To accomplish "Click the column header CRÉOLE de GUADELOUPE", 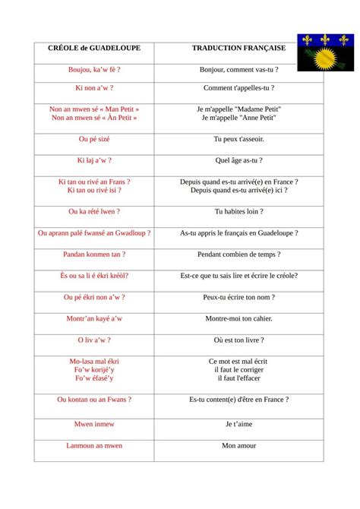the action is pos(94,48).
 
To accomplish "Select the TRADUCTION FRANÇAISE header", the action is pos(238,48).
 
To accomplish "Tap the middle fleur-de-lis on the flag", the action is pos(327,39).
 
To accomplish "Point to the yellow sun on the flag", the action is pos(323,58).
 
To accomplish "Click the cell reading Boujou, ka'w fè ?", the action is pos(94,69).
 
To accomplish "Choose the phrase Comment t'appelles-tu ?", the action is pos(238,88).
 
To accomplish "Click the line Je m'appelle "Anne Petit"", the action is pos(238,118).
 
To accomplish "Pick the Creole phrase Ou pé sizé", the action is pos(94,140).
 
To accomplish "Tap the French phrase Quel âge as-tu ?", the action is pos(238,160).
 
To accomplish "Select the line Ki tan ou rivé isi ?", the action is pos(94,191).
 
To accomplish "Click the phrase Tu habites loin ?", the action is pos(238,212).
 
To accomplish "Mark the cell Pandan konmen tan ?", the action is pos(94,254).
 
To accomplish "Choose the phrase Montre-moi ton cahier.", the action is pos(238,318).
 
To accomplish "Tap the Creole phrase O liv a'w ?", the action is pos(94,340).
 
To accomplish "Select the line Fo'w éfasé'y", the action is pos(94,378).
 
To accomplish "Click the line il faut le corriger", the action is pos(238,369).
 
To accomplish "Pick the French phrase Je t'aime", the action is pos(238,424).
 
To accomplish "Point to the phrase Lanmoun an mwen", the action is pos(94,445).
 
